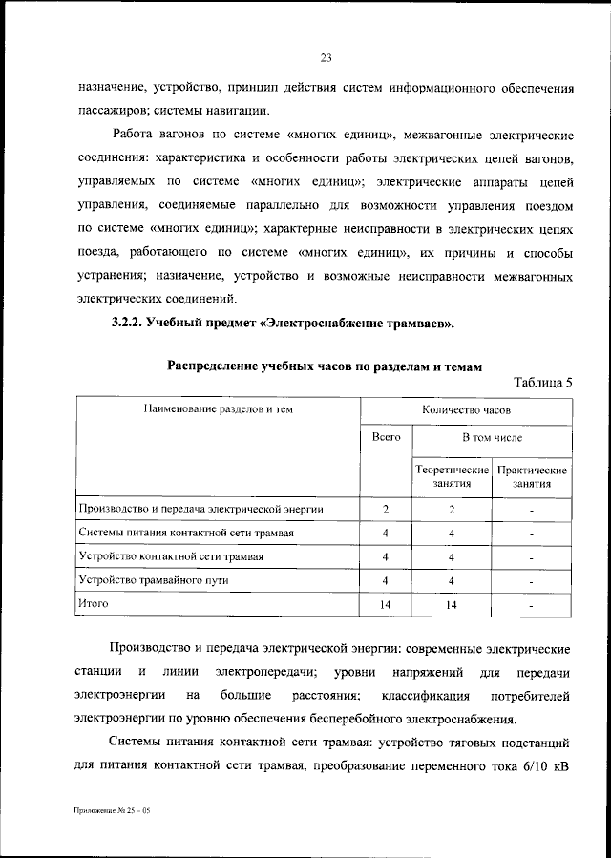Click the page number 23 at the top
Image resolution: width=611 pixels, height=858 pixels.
click(325, 58)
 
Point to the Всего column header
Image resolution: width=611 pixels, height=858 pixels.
click(386, 437)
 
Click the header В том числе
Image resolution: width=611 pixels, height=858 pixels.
click(492, 437)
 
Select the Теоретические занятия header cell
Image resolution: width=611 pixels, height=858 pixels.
click(452, 477)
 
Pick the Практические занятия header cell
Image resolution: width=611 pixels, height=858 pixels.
click(532, 477)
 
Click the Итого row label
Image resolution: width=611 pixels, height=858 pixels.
click(94, 603)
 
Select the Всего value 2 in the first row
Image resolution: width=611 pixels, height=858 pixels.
click(386, 510)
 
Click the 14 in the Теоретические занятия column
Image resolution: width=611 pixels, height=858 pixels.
click(452, 604)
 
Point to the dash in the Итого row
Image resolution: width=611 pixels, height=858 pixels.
click(532, 604)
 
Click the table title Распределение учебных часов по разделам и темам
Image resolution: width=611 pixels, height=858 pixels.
click(326, 365)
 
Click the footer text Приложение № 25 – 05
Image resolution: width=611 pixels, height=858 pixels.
click(111, 808)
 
